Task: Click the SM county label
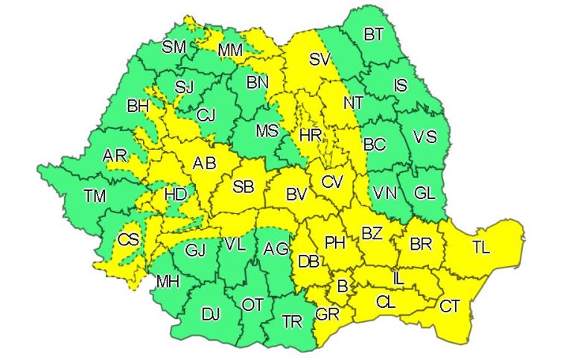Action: [174, 47]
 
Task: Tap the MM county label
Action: [231, 51]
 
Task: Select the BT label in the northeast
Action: [374, 34]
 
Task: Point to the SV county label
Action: [320, 58]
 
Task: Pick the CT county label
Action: [450, 305]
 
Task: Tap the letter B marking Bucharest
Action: [343, 285]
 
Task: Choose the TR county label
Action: [293, 322]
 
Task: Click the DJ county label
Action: [212, 314]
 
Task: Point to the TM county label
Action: [95, 196]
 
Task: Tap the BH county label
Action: [138, 106]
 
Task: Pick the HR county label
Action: [309, 136]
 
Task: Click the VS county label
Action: [425, 137]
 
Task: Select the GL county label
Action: [425, 193]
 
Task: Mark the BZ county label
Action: [372, 234]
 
